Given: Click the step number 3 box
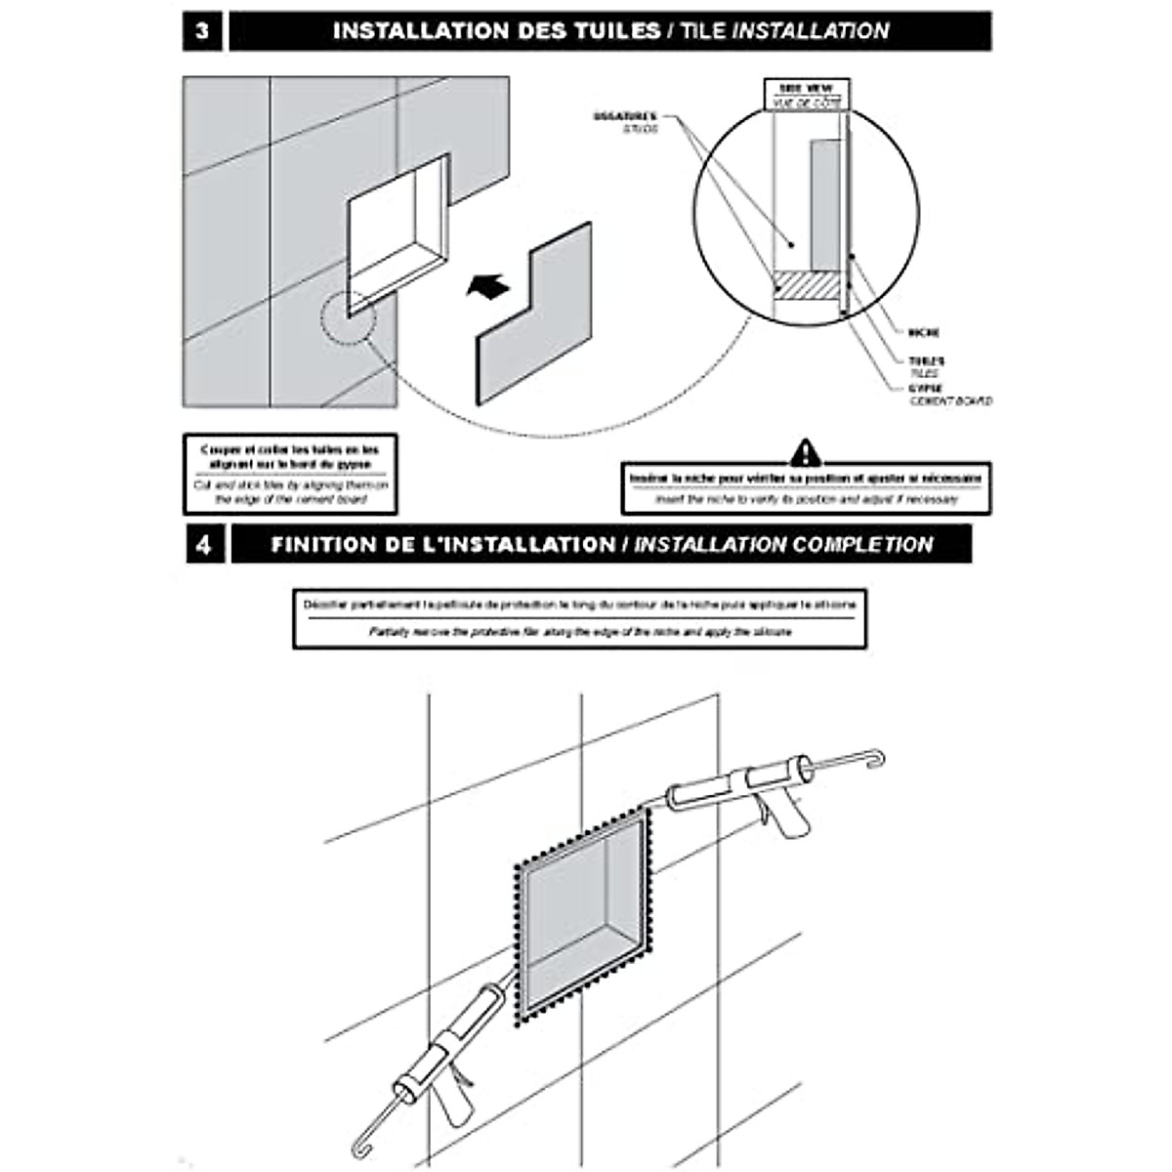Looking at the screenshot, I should [202, 31].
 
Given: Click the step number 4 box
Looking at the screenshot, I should [203, 544].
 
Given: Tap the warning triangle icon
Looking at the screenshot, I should [804, 451].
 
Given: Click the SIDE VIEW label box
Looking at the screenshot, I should [806, 95].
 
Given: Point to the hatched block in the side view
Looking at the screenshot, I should [808, 284].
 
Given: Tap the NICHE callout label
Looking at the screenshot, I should [924, 333].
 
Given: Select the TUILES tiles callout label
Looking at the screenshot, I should [926, 366].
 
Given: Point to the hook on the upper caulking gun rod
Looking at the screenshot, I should [876, 757].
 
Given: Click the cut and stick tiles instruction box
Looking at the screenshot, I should [290, 474].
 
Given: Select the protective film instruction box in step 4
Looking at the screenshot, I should [579, 618].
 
